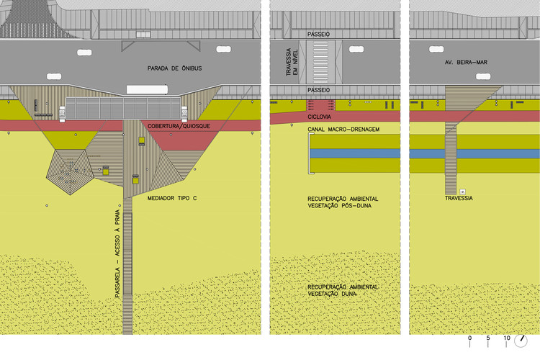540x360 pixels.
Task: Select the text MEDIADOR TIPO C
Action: (171, 197)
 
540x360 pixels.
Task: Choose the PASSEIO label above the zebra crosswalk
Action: (318, 34)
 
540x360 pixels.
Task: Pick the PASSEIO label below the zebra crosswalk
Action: (318, 90)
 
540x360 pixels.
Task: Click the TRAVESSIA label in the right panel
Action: (459, 198)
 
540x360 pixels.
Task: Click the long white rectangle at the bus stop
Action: (147, 89)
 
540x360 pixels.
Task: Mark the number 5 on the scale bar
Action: (488, 338)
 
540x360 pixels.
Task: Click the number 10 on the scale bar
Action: (506, 338)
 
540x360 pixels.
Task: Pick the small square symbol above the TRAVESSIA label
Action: (463, 192)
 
